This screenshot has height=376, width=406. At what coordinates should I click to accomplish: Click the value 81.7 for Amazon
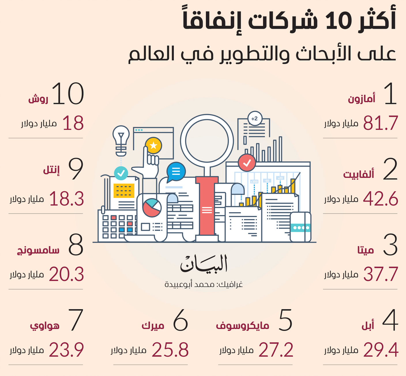380,123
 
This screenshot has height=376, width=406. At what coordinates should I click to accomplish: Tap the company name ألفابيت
358,174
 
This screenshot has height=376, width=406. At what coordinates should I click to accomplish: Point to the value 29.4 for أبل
381,350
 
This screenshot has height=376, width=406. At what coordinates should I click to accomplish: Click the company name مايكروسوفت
243,325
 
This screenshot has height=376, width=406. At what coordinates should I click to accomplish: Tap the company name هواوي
45,326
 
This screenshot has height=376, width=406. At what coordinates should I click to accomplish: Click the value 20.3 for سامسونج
66,274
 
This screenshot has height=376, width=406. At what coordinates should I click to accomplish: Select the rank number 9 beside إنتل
76,169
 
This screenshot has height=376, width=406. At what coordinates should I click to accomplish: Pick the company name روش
38,99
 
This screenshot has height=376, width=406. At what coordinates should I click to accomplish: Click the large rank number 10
68,94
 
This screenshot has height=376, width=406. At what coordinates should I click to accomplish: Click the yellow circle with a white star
153,145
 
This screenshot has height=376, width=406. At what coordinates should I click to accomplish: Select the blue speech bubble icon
176,172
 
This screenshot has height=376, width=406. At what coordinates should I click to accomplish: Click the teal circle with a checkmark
121,173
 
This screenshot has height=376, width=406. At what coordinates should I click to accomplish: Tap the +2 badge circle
255,118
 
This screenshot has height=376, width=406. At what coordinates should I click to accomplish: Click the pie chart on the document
152,208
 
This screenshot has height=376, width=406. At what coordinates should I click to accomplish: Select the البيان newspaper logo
204,263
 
